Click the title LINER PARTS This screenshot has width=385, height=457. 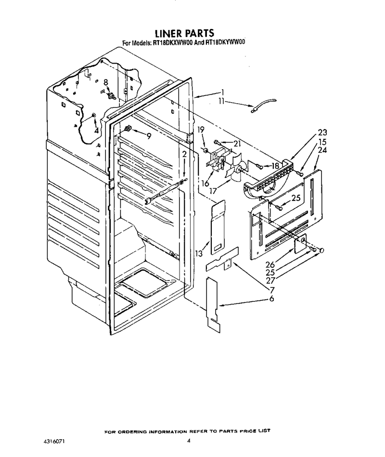184,33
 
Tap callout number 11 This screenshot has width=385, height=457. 222,102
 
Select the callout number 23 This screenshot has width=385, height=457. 322,132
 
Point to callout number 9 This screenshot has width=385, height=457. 149,136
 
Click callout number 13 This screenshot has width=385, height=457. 199,254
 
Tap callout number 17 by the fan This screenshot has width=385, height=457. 213,191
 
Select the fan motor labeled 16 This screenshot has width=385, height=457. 217,161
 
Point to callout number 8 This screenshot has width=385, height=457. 106,82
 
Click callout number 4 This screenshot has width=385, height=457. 96,131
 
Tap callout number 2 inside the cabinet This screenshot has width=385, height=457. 184,154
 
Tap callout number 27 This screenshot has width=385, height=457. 270,281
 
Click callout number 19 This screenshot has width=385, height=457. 201,129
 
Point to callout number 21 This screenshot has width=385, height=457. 237,143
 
